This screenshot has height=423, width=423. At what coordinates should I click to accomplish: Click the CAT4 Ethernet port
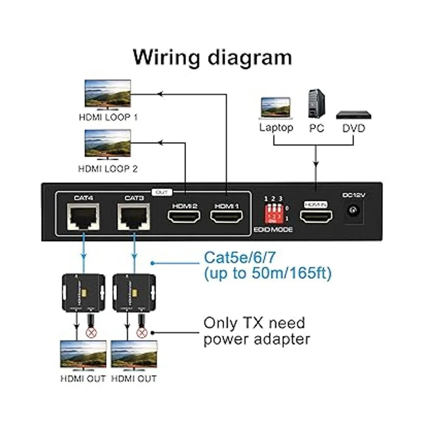point(82,217)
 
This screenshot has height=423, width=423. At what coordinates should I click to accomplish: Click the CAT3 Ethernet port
point(134,217)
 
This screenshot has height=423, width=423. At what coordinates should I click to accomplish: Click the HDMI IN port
point(316,216)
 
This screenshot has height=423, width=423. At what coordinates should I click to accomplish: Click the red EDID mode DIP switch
point(274,214)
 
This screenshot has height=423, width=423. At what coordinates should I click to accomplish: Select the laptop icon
point(276,108)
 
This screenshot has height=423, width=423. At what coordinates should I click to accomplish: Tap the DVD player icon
point(354,115)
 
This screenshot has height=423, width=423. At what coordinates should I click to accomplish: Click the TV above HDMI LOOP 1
point(108,94)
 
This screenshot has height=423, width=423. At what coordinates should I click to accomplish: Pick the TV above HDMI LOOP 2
point(108,144)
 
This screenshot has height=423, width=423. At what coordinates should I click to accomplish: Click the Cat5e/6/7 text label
point(240,258)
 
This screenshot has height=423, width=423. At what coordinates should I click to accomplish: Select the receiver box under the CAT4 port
point(83,293)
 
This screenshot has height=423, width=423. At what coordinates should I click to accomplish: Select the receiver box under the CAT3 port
point(134,293)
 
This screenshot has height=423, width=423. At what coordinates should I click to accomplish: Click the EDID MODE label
point(274,230)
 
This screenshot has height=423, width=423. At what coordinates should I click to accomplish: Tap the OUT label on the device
point(162,192)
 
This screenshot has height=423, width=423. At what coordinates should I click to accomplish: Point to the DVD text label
point(354,128)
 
